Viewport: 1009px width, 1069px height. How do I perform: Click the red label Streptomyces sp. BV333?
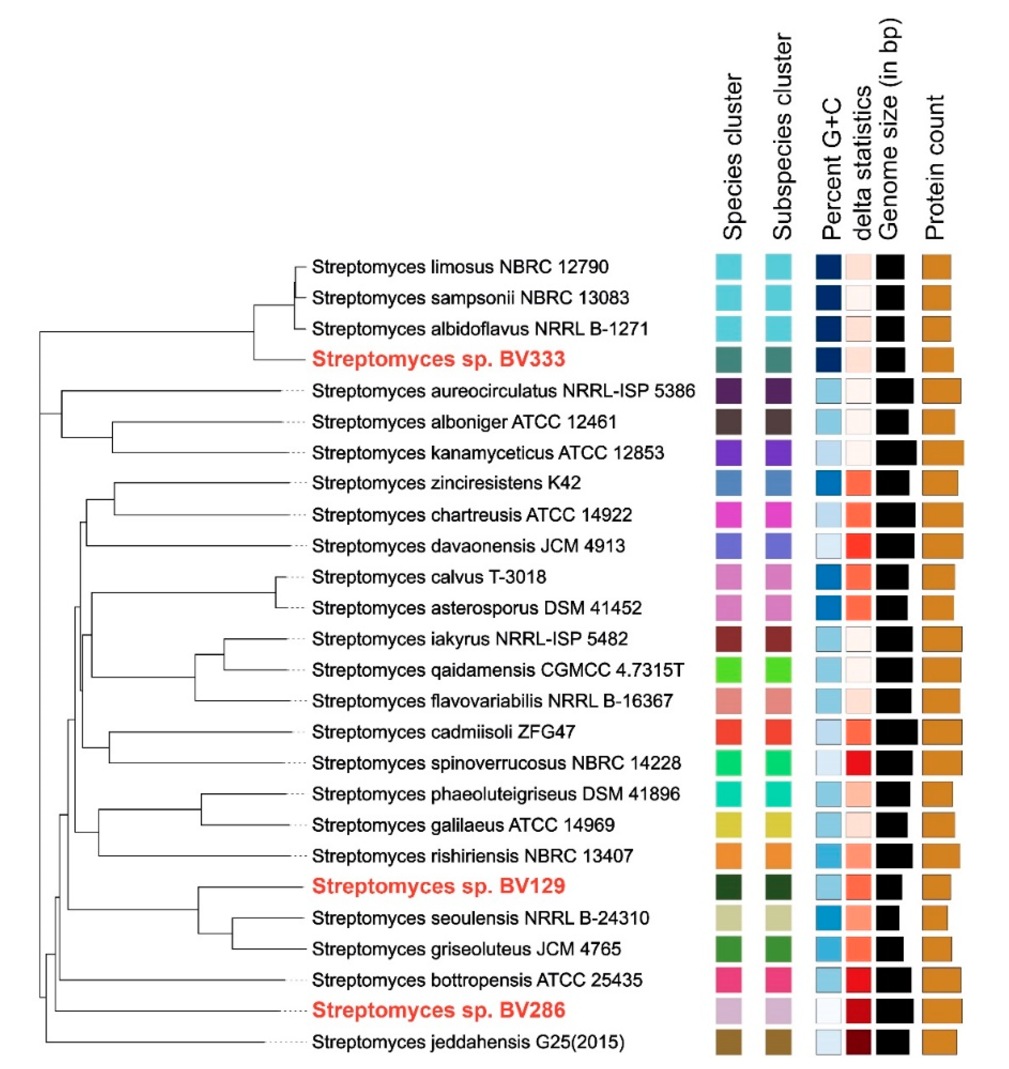438,359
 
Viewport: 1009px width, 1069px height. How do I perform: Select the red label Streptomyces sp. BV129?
438,886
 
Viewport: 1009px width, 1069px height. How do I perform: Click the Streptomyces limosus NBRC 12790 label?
460,267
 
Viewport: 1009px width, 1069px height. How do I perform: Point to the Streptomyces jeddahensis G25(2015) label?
468,1042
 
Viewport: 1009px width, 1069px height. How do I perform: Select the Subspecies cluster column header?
782,137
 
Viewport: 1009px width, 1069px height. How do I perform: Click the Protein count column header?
935,167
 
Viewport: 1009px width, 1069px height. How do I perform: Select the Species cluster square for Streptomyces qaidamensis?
729,670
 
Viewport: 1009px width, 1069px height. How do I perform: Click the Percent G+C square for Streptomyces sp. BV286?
828,1011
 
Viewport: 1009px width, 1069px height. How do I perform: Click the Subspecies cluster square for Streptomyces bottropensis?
778,980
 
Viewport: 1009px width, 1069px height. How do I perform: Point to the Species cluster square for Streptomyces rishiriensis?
729,856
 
